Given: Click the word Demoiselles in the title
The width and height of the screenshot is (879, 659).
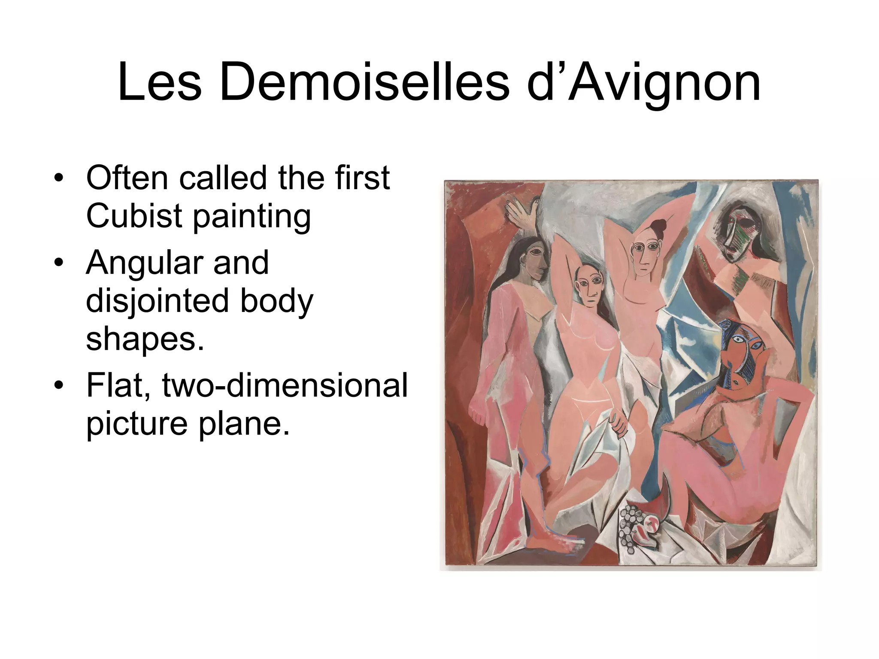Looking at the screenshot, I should (x=364, y=82).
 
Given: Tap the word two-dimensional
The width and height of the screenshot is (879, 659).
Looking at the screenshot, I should (x=285, y=385).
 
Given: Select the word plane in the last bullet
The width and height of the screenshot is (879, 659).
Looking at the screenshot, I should (x=244, y=423).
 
